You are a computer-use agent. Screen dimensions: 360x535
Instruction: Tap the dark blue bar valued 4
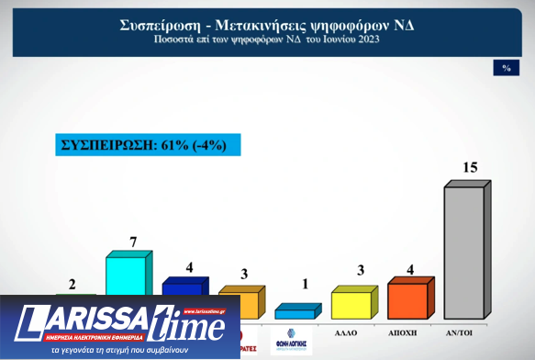tap(182, 288)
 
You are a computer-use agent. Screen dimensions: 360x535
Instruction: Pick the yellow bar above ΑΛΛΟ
tap(351, 303)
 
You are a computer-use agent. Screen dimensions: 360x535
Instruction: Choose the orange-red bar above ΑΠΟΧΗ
tap(407, 300)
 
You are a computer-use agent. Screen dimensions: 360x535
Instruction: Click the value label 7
tap(133, 242)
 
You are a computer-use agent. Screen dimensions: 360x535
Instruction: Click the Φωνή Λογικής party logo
tap(292, 342)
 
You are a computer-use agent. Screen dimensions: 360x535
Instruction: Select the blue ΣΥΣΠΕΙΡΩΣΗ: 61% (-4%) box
tap(148, 144)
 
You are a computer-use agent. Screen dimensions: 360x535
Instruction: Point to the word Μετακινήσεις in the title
tap(271, 25)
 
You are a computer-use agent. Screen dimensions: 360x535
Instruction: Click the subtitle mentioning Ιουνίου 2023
tap(267, 41)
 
